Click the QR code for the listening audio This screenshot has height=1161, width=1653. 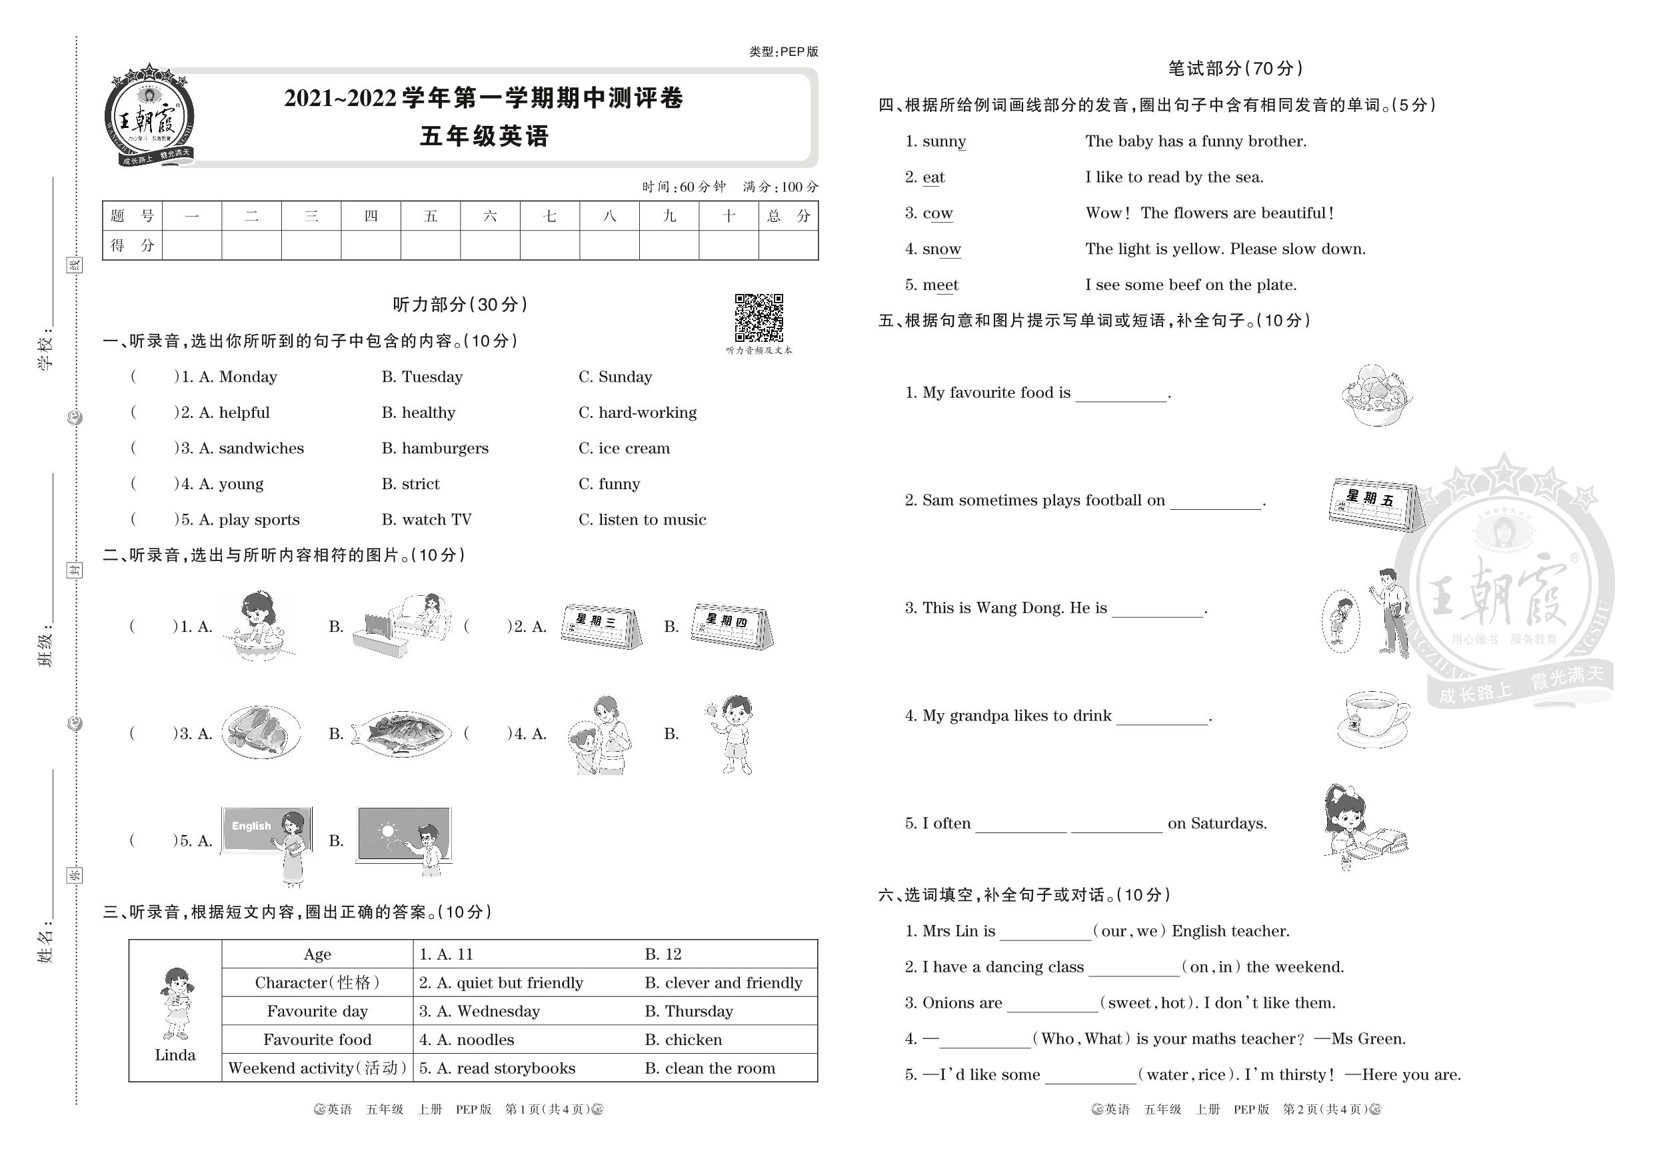758,317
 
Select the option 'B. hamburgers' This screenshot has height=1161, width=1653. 435,449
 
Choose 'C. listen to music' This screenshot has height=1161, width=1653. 642,520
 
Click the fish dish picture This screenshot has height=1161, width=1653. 402,732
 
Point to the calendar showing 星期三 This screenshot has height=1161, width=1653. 601,626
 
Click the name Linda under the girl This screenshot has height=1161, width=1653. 175,1055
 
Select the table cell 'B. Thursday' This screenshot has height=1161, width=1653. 689,1011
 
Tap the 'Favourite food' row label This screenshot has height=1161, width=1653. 317,1040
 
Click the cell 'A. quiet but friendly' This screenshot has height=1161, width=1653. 501,983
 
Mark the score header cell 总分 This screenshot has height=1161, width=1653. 789,216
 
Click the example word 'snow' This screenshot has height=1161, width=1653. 942,249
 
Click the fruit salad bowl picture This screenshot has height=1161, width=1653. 1376,395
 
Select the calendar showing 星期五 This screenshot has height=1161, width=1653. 1372,504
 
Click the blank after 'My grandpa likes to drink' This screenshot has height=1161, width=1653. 1161,716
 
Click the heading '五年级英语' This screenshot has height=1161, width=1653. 485,136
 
